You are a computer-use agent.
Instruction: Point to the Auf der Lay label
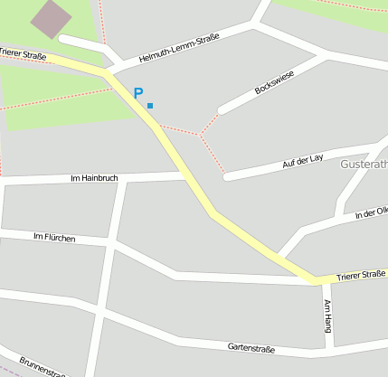point(304,161)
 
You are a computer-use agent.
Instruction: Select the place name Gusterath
point(364,165)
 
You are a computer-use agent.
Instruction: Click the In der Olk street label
point(371,212)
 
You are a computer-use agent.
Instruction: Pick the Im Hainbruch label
point(93,178)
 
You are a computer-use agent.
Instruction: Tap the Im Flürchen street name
point(53,238)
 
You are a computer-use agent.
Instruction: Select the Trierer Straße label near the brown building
point(22,54)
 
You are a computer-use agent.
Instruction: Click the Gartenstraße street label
point(251,347)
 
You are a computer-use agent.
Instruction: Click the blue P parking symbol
point(138,93)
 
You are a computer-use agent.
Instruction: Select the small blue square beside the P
point(150,106)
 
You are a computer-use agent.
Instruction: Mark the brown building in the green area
point(52,17)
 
